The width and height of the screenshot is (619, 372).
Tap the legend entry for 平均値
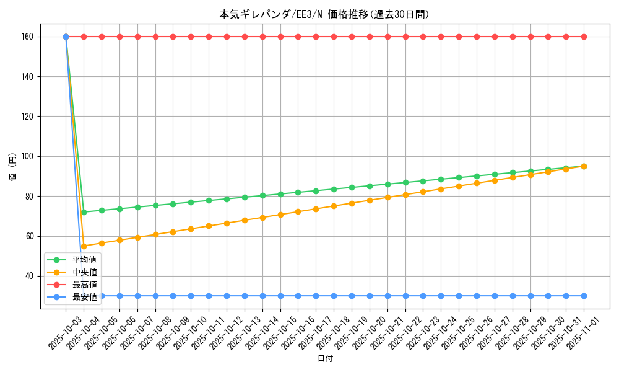pos(84,260)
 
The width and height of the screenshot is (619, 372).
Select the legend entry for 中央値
pos(84,272)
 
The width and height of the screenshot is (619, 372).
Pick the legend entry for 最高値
pos(84,285)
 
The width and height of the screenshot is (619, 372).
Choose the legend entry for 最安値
pos(84,297)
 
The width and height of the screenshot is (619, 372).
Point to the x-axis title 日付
pos(325,359)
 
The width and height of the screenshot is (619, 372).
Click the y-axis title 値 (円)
pos(12,167)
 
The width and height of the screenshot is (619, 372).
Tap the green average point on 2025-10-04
pos(84,212)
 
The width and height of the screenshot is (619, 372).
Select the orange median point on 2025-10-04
pos(84,246)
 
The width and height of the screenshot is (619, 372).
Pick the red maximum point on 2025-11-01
pos(584,37)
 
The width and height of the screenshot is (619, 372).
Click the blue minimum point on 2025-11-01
pos(584,296)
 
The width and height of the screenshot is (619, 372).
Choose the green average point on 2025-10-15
pos(280,194)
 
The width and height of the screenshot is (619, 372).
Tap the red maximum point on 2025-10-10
pos(191,37)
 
